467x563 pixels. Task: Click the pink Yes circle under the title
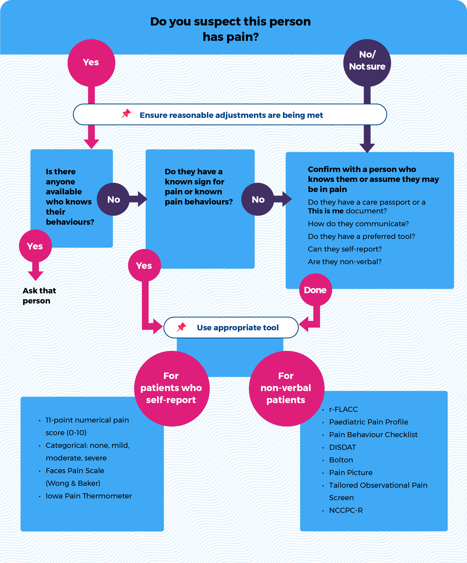[91, 63]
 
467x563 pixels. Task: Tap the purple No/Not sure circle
[367, 63]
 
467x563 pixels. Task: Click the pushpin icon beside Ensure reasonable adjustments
[126, 114]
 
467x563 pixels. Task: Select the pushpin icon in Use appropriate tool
[181, 327]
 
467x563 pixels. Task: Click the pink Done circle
[315, 290]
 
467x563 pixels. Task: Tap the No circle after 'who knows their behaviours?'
[113, 199]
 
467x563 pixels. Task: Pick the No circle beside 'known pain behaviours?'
[258, 199]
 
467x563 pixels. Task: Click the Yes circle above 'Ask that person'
[35, 246]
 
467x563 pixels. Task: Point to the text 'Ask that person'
[39, 296]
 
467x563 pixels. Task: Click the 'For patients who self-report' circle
[172, 388]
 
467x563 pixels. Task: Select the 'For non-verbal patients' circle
[286, 388]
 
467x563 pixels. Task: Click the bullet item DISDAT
[342, 447]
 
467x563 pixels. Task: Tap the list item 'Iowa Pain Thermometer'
[88, 496]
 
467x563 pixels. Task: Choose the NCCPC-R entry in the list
[346, 510]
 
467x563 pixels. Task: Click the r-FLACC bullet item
[343, 409]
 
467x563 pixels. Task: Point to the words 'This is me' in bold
[325, 211]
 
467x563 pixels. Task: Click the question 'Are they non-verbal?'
[344, 262]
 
